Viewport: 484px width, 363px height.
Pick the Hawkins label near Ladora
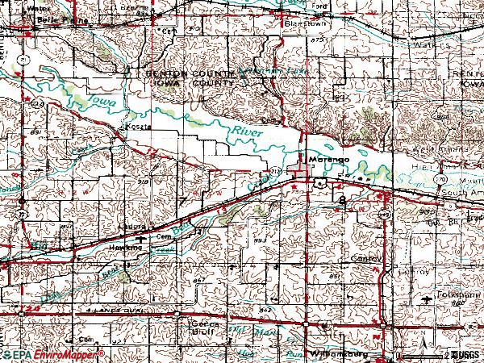tap(124, 248)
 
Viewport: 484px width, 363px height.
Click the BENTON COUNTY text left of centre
tap(188, 73)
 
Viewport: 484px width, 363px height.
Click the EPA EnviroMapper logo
tap(53, 354)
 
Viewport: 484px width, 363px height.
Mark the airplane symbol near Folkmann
tap(428, 299)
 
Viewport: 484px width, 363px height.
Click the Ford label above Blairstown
tap(320, 8)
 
